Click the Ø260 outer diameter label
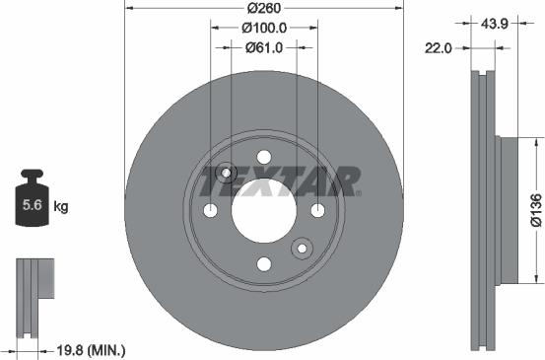[263, 8]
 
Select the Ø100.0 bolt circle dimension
[263, 29]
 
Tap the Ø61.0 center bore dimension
[263, 46]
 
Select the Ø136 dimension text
[534, 210]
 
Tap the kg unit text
[60, 207]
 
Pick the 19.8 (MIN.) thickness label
[90, 348]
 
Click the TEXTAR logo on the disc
[280, 181]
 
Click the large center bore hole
[263, 210]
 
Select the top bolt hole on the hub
[263, 157]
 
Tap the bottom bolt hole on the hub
[263, 263]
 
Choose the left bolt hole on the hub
[210, 210]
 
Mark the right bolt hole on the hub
[317, 210]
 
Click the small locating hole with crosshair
[227, 174]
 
